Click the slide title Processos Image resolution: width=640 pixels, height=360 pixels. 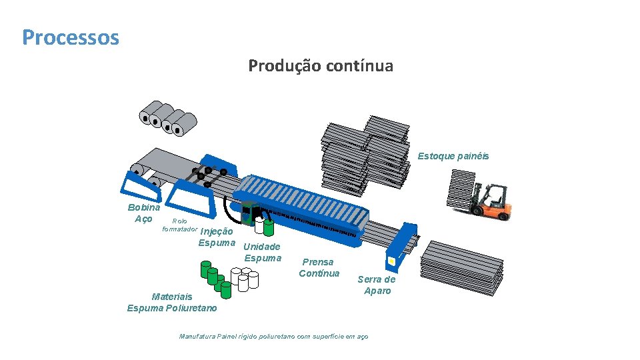[70, 37]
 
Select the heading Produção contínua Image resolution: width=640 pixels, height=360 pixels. [321, 66]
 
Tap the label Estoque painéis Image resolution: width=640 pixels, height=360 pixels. [453, 156]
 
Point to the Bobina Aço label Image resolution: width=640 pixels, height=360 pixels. [143, 213]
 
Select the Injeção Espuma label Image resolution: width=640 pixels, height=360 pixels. [217, 237]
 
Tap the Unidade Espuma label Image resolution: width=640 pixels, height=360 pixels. [263, 252]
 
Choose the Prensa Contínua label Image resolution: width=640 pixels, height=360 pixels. [319, 267]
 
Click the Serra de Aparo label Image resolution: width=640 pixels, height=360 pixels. [377, 285]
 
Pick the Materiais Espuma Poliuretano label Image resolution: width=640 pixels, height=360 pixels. [171, 302]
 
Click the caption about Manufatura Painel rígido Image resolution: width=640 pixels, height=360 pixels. [273, 337]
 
